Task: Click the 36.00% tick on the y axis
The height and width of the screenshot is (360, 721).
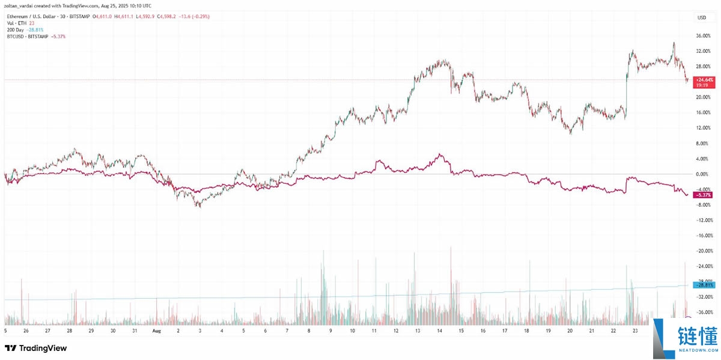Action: pyautogui.click(x=702, y=36)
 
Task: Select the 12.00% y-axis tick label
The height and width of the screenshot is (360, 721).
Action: pyautogui.click(x=702, y=128)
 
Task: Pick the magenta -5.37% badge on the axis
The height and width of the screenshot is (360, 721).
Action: pyautogui.click(x=703, y=195)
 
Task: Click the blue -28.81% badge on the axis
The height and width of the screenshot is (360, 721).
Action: pyautogui.click(x=703, y=285)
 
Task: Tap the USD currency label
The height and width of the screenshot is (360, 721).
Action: pyautogui.click(x=701, y=17)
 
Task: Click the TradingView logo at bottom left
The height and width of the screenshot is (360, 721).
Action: pyautogui.click(x=35, y=348)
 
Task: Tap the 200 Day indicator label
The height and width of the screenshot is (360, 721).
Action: pyautogui.click(x=16, y=30)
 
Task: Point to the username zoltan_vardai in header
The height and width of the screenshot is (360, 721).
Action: pyautogui.click(x=19, y=4)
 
